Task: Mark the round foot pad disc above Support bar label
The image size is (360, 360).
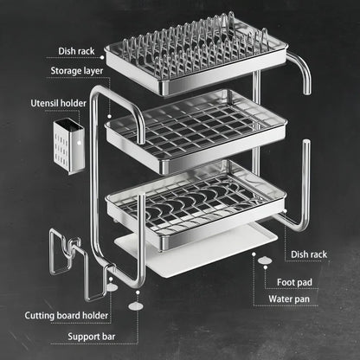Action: click(137, 305)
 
